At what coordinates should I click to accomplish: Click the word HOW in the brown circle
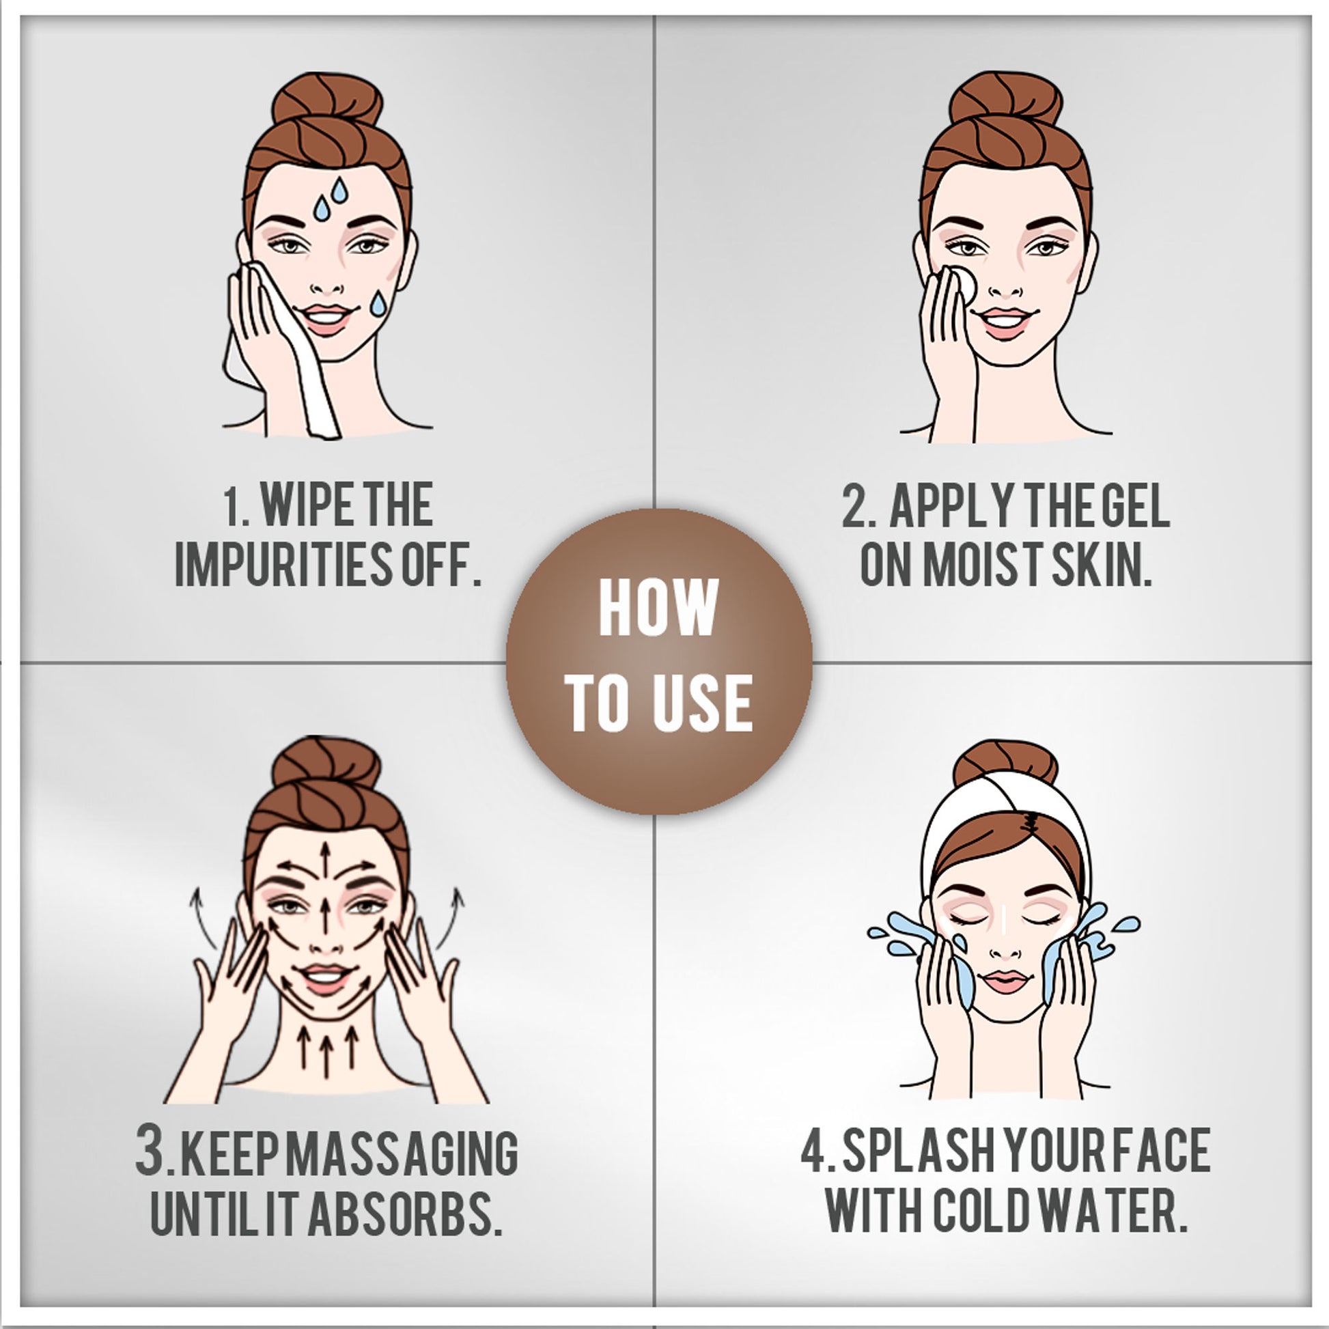658,608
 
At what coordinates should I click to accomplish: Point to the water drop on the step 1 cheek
378,304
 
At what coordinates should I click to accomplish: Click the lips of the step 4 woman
1005,981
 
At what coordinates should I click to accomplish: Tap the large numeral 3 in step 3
150,1149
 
